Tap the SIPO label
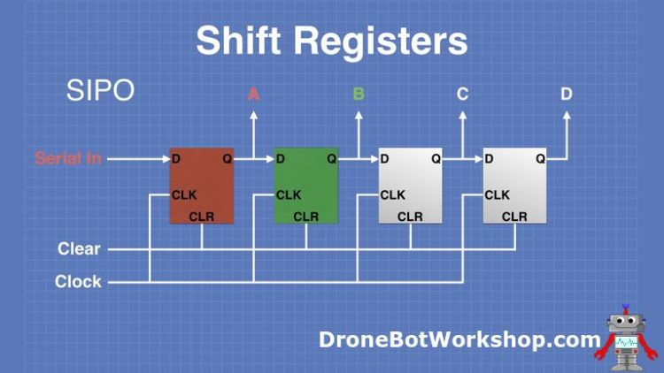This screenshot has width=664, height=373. (100, 91)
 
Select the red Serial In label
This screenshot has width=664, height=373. (68, 159)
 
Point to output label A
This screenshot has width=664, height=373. (253, 93)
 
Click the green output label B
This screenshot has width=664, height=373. (359, 93)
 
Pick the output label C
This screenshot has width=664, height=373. (462, 93)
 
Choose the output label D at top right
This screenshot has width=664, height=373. (567, 93)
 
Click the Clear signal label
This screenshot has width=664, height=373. (80, 249)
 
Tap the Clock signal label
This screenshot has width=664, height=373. (78, 282)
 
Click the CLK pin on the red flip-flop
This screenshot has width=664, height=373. (184, 194)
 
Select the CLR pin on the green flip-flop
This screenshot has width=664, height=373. (305, 217)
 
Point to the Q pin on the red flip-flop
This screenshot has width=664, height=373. (228, 159)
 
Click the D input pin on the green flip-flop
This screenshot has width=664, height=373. (281, 159)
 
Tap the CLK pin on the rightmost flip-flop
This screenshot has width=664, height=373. (497, 194)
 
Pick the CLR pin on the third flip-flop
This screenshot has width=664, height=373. (410, 217)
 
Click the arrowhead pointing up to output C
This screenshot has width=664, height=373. (463, 114)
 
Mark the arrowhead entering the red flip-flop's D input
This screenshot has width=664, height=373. (165, 159)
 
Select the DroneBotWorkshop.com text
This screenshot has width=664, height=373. (459, 339)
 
